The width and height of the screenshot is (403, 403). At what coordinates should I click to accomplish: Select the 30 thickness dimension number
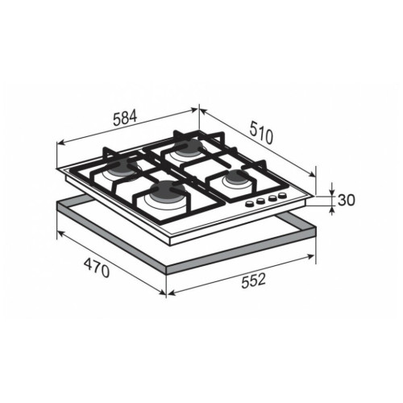[347, 200]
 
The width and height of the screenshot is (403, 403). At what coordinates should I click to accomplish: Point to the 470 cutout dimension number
[97, 268]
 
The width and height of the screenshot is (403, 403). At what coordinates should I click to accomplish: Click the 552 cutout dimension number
[253, 280]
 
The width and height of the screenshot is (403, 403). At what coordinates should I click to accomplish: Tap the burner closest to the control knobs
[236, 179]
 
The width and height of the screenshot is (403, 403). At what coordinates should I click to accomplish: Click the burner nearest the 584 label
[123, 167]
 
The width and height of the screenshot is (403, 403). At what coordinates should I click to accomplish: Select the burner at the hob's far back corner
[188, 147]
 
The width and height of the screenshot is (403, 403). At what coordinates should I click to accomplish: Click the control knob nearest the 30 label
[282, 195]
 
